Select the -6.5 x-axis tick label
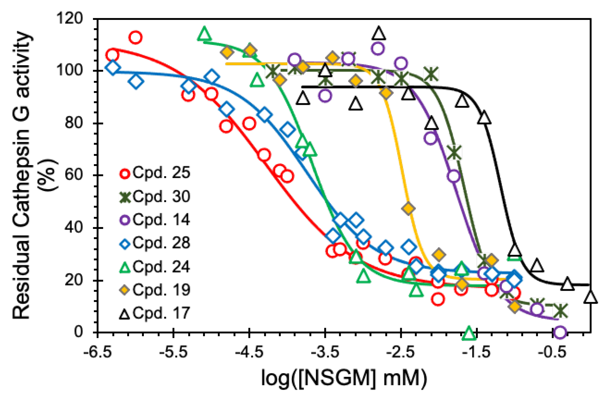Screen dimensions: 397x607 pyautogui.click(x=97, y=352)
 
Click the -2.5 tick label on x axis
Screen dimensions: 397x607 pyautogui.click(x=401, y=352)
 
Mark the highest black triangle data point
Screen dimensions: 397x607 pyautogui.click(x=379, y=33)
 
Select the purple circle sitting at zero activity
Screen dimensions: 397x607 pyautogui.click(x=560, y=332)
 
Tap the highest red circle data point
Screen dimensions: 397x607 pyautogui.click(x=135, y=38)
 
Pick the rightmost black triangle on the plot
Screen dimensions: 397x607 pyautogui.click(x=590, y=297)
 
